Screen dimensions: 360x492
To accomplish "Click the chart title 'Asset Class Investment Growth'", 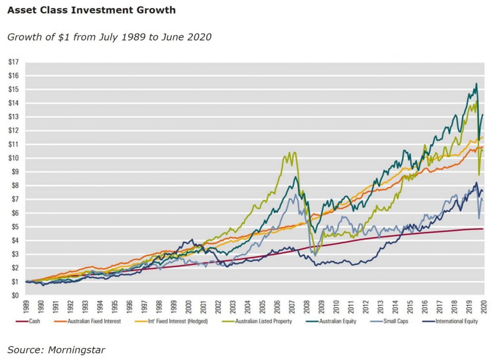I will pos(91,10).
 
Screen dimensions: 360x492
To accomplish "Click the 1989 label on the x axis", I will pos(26,306).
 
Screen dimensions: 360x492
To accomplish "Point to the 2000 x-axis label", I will pos(189,306).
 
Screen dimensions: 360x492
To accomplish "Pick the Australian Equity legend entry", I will pos(337,321).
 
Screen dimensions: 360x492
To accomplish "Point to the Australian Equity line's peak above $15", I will pos(476,84).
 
